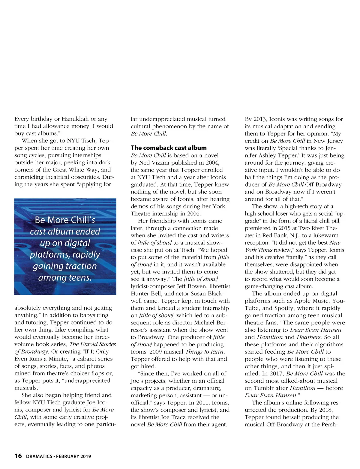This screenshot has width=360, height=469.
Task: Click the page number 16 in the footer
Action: point(18,456)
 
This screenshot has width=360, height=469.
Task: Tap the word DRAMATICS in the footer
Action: point(39,456)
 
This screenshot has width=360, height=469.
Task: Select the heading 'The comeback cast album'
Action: point(169,148)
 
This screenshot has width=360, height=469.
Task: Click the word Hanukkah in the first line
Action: point(75,119)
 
